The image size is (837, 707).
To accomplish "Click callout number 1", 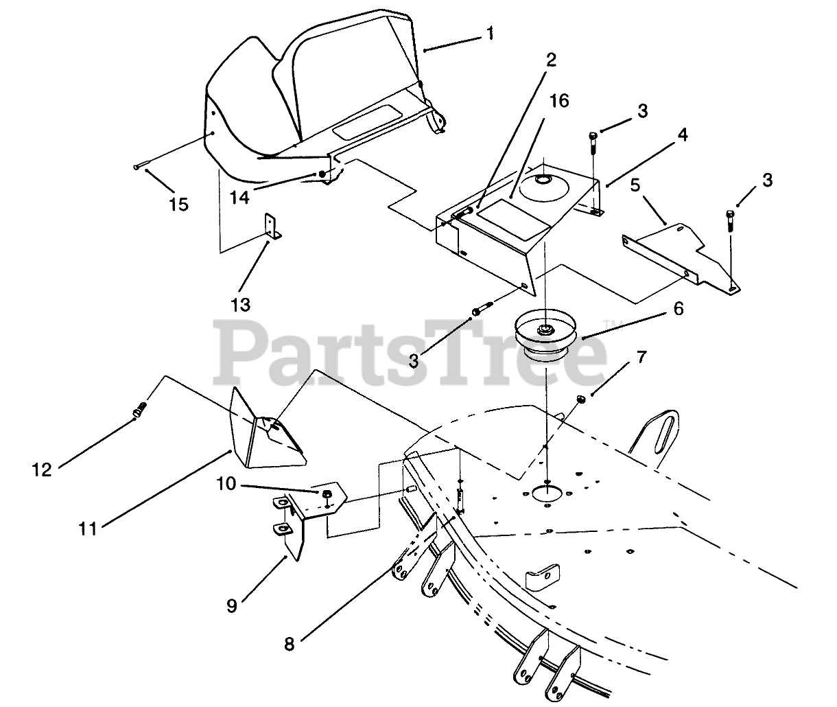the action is [x=489, y=34].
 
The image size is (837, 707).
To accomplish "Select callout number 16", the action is [x=559, y=102].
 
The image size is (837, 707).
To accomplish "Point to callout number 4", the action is [x=682, y=135].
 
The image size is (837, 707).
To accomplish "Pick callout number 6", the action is [x=677, y=309].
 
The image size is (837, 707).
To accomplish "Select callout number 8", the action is [x=290, y=644].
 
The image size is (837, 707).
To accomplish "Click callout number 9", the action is [x=232, y=606].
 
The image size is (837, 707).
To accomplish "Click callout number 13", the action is [x=241, y=303].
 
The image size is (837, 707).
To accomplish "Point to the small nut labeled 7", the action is [x=580, y=399].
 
